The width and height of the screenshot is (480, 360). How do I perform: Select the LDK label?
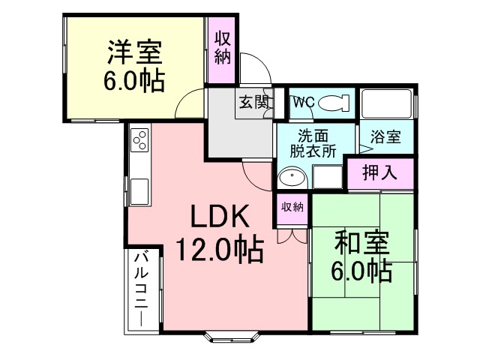pyautogui.click(x=218, y=217)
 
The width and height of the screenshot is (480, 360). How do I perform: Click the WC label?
pyautogui.click(x=301, y=103)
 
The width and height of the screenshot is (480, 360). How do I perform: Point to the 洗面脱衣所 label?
pyautogui.click(x=311, y=142)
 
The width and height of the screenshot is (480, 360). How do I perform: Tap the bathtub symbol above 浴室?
pyautogui.click(x=386, y=104)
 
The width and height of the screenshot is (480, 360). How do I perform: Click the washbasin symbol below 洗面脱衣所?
pyautogui.click(x=290, y=178)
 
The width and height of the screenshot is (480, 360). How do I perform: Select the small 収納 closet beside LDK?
pyautogui.click(x=292, y=207)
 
